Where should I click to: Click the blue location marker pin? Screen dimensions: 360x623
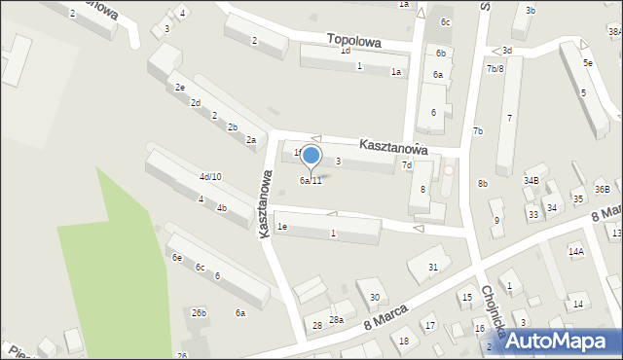point(311,157)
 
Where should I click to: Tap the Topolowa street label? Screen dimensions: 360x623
point(354,40)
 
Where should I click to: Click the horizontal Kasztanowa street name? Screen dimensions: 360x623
point(393,145)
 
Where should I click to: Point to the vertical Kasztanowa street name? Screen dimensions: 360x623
point(264,202)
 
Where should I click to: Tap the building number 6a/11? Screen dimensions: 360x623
point(311,180)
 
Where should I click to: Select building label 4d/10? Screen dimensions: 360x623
point(210,176)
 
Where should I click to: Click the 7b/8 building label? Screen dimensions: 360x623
point(495,69)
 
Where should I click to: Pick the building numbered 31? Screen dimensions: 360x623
point(433,267)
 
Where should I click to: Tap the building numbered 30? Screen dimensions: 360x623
point(374,297)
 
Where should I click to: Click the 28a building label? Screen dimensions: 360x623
point(336,319)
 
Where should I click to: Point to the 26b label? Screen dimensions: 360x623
point(199,312)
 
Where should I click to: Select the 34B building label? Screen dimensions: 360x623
point(531,180)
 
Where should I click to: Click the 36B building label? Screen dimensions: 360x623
point(603,189)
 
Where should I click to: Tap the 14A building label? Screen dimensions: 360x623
point(575,252)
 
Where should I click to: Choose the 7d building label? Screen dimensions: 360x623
point(407,165)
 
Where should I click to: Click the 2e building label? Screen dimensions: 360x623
point(179,88)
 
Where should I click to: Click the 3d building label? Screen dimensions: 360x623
point(506,50)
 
